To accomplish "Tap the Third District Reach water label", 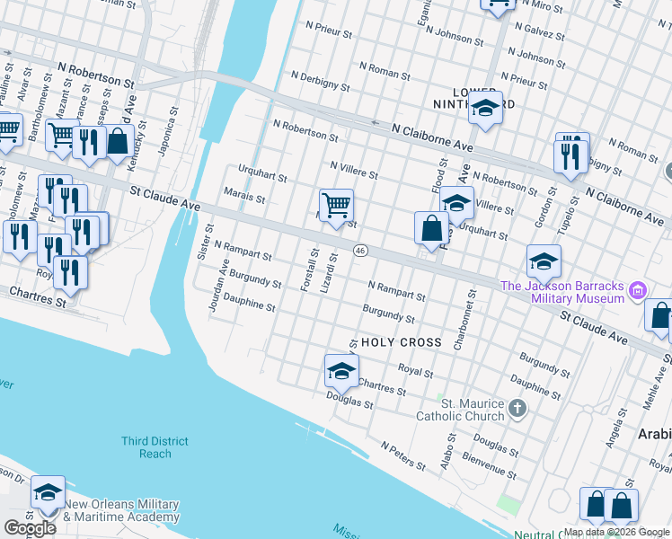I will (x=155, y=447).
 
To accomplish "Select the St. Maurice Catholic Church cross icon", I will (x=517, y=410).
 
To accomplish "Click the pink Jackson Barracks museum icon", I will (x=638, y=290).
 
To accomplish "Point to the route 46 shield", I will (x=359, y=250).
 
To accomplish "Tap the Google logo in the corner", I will (x=30, y=528).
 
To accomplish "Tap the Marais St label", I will (x=245, y=199).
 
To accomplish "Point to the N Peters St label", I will (x=402, y=455).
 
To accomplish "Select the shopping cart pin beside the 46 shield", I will (x=336, y=207).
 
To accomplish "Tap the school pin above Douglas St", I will (x=341, y=370).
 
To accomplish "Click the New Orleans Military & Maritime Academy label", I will (x=121, y=510).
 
